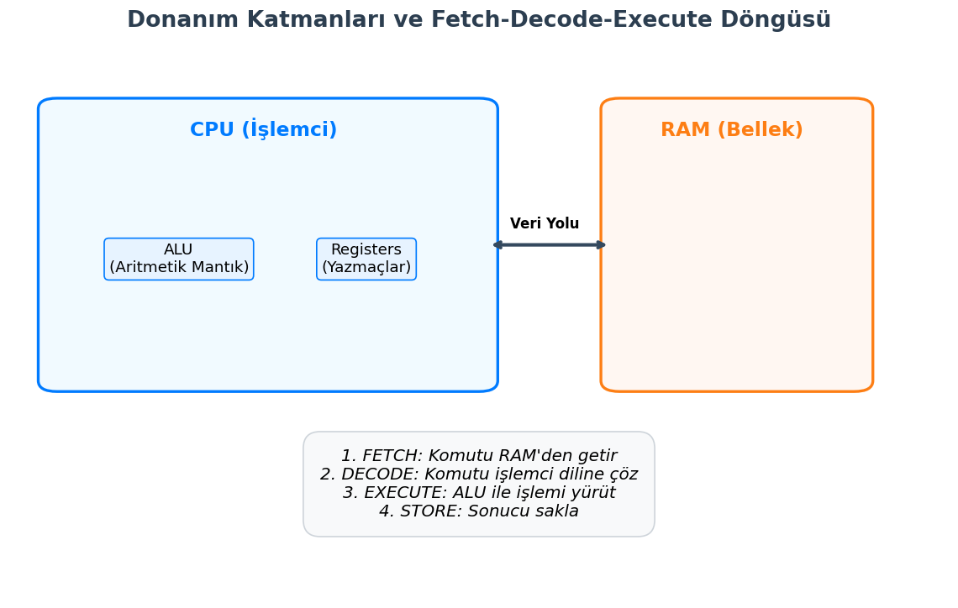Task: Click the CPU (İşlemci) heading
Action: point(263,130)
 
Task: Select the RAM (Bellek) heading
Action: point(731,130)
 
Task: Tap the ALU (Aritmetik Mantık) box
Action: point(179,259)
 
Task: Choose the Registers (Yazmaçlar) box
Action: point(366,259)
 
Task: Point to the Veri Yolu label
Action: point(545,224)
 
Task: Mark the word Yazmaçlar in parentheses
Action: point(366,268)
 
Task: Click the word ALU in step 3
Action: point(475,493)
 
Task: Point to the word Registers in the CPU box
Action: point(366,250)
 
